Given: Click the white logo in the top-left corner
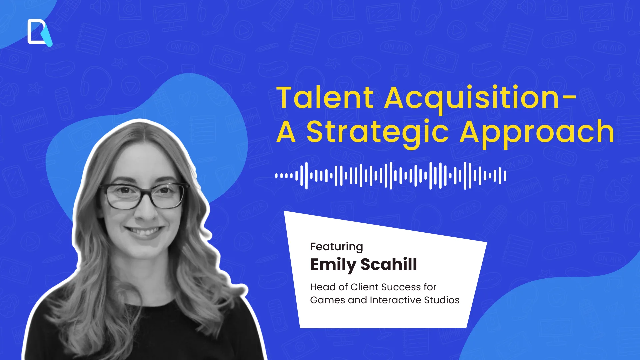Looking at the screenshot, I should (39, 32).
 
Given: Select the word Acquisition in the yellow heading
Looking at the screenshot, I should (472, 98).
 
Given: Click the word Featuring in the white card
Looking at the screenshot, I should (336, 247).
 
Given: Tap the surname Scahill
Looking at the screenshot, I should (389, 264).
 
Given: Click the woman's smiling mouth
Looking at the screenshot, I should (144, 231).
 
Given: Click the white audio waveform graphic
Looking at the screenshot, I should (391, 175).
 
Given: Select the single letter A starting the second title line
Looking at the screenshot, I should (286, 133).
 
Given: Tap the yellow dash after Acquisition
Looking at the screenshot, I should (571, 97).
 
